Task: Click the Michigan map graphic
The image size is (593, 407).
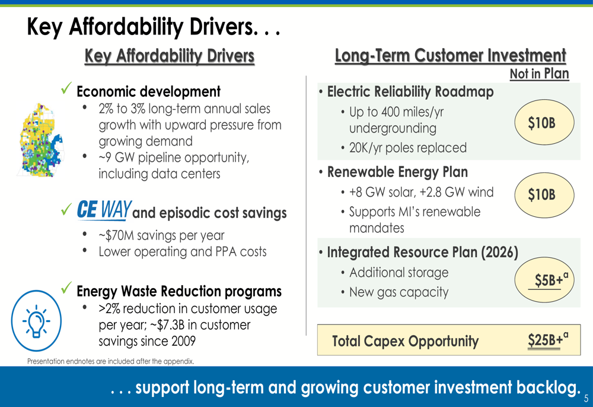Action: [40, 140]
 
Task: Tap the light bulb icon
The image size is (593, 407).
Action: [36, 321]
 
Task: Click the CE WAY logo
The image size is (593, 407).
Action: [104, 210]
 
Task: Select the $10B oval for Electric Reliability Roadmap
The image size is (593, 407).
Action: [544, 122]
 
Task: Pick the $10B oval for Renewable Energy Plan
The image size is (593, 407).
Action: [544, 195]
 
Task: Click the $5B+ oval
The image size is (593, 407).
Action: [544, 280]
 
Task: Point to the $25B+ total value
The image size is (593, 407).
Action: [548, 339]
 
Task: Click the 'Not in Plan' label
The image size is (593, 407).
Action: [539, 74]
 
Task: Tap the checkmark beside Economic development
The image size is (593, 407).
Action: [66, 88]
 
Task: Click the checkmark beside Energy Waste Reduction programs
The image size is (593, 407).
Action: [66, 288]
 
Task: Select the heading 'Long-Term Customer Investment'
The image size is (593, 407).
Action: [451, 56]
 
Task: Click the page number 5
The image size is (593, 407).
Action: [586, 398]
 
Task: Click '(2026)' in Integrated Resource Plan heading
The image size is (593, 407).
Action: [499, 253]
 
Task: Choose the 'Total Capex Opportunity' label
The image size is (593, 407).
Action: [406, 340]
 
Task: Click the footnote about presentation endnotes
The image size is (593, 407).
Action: [110, 361]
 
